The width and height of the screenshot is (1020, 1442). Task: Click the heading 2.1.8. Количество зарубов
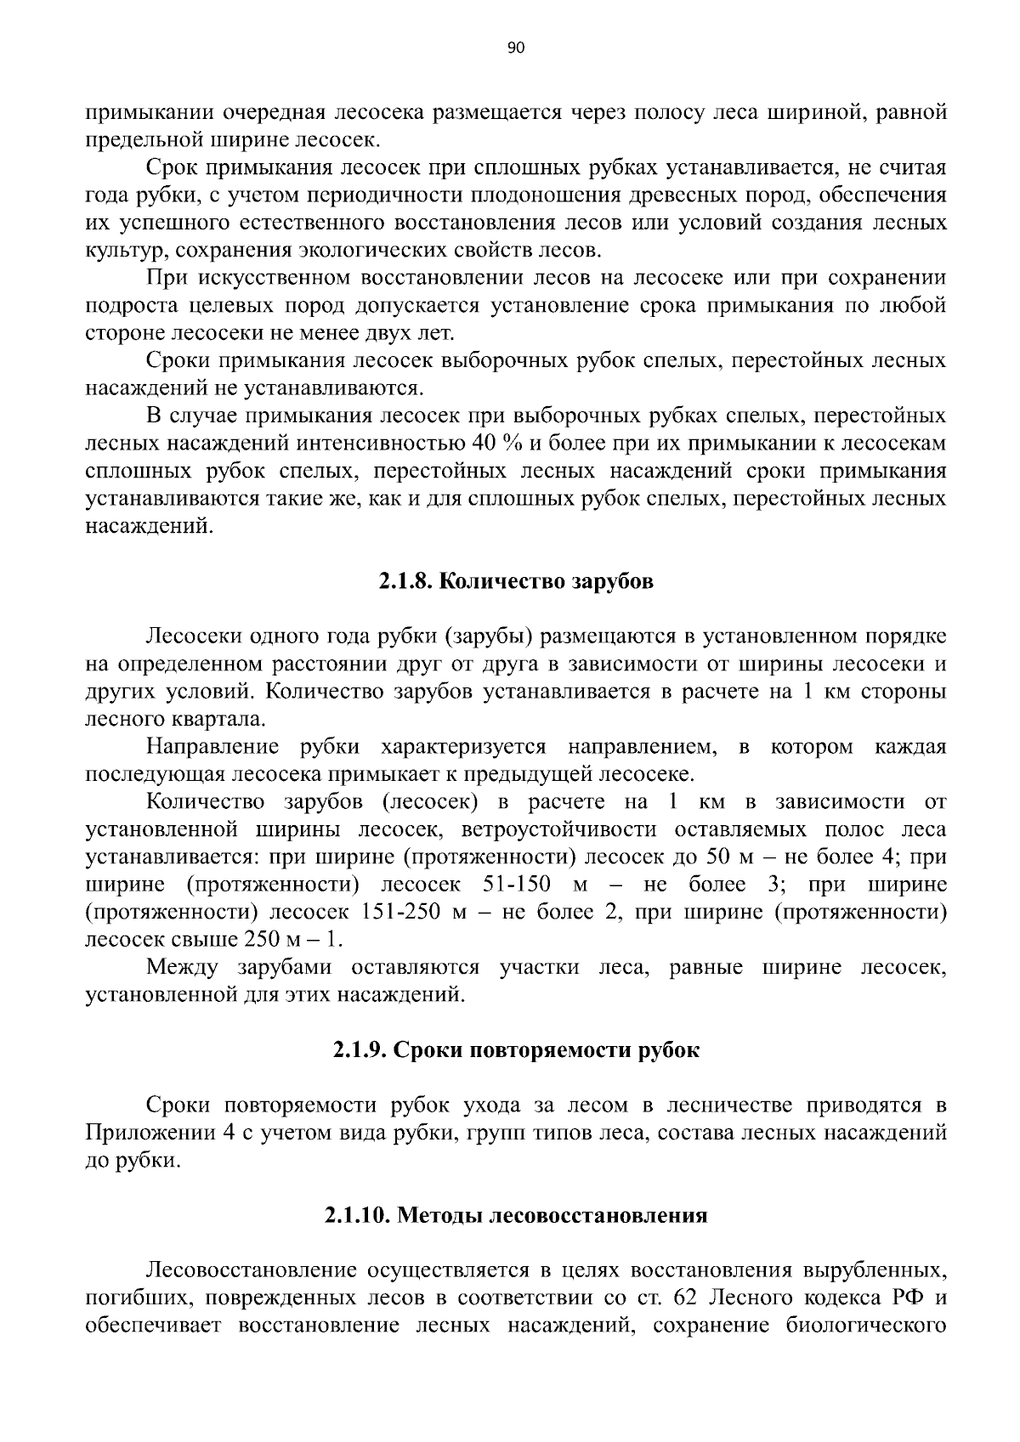point(516,582)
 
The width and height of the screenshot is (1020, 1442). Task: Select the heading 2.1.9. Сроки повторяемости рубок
point(516,1050)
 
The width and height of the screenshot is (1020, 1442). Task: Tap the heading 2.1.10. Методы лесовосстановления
point(516,1215)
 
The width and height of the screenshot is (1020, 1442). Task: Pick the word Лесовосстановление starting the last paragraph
point(251,1270)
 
